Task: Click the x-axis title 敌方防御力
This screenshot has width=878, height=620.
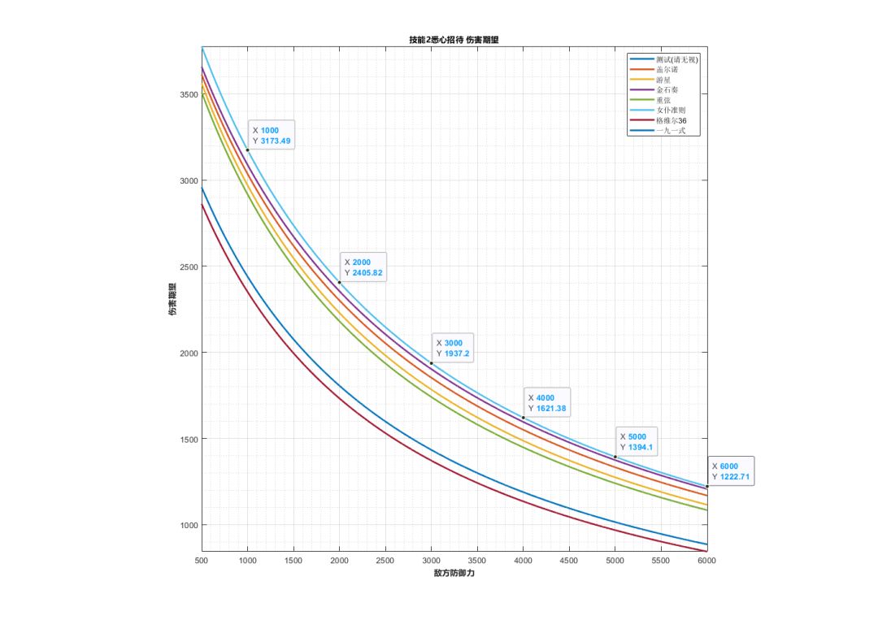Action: tap(454, 574)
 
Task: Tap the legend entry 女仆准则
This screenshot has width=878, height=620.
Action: tap(672, 110)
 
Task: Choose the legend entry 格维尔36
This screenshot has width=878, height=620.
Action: tap(672, 120)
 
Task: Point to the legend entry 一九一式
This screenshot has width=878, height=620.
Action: tap(672, 130)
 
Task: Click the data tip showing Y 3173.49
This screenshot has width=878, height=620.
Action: tap(272, 136)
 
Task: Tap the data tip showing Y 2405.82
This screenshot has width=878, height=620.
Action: tap(363, 267)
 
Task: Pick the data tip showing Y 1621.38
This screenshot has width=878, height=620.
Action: tap(547, 403)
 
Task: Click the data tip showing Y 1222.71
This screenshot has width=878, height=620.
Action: tap(730, 471)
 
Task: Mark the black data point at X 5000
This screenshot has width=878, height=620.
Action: tap(615, 457)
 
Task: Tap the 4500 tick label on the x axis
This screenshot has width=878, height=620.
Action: tap(569, 561)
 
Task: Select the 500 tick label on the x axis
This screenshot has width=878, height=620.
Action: tap(202, 561)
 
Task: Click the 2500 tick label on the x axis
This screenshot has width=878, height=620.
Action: tap(385, 561)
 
